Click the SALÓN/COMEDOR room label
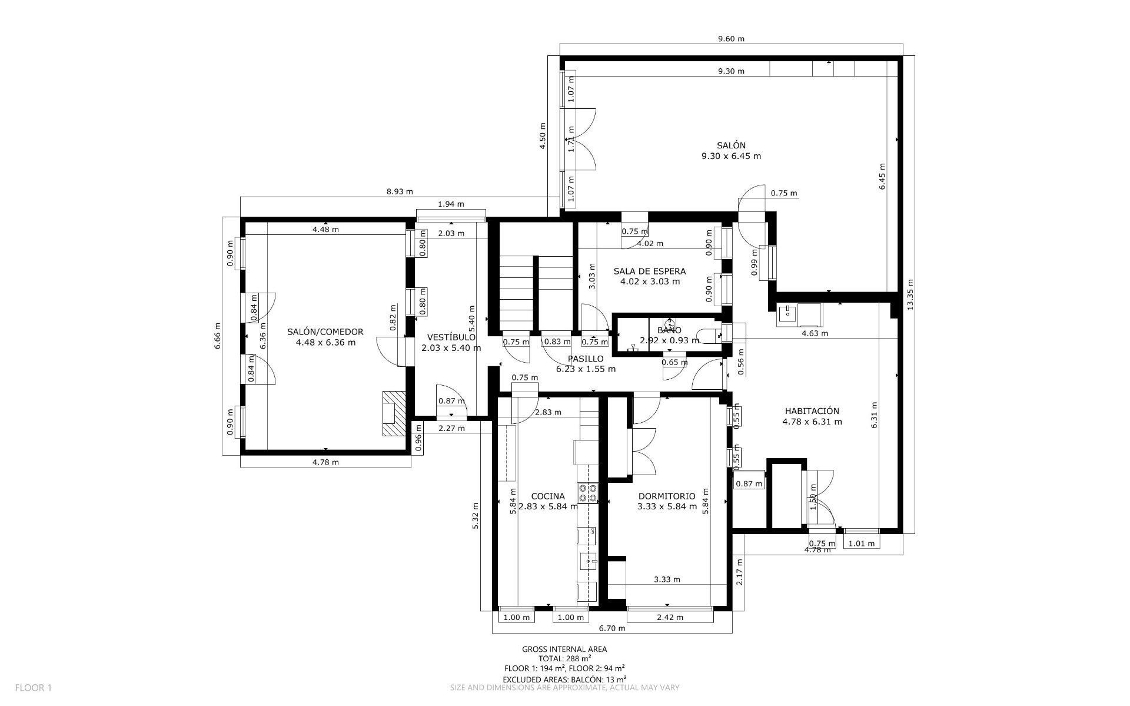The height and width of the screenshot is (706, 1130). pos(325,332)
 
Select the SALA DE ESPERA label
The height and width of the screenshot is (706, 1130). pos(649,271)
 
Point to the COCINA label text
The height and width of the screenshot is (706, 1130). pos(547,496)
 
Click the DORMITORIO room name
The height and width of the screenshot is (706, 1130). pos(666,496)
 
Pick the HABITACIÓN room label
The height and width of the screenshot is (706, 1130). pos(812,411)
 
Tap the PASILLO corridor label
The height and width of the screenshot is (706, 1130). pos(586,359)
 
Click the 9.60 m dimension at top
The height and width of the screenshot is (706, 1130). pos(731,39)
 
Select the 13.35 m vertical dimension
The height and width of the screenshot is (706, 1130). pos(910,294)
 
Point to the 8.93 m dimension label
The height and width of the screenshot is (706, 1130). pos(400,191)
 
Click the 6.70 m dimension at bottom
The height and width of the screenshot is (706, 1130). pos(612,628)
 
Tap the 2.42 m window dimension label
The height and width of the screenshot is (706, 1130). pos(670,617)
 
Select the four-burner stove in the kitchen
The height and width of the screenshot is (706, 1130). pos(588,493)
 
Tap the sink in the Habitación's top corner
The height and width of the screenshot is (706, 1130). pos(787,314)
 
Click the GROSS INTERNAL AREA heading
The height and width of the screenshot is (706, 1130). pos(564,649)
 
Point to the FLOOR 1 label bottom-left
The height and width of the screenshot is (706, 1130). pos(34,688)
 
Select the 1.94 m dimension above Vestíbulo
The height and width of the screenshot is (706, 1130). pos(451,204)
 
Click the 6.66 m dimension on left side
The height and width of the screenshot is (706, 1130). pos(217,336)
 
